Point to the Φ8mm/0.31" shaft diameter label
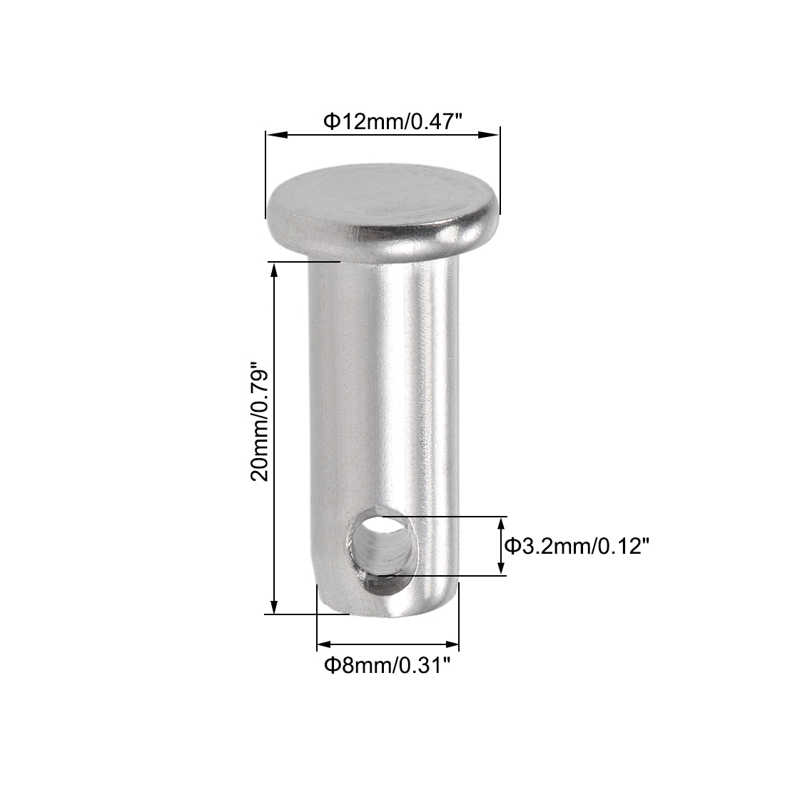coord(388,666)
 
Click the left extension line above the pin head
coord(265,168)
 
